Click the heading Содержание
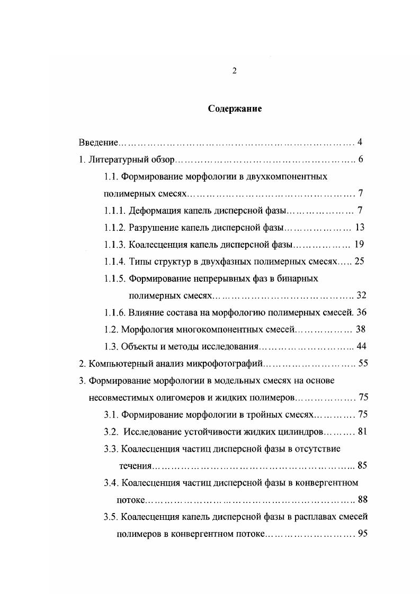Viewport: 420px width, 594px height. coord(235,110)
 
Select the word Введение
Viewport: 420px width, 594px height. coord(98,142)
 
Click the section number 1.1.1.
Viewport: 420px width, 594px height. coord(115,211)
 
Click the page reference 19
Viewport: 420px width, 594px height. coord(359,245)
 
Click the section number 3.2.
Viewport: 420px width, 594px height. coord(111,431)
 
